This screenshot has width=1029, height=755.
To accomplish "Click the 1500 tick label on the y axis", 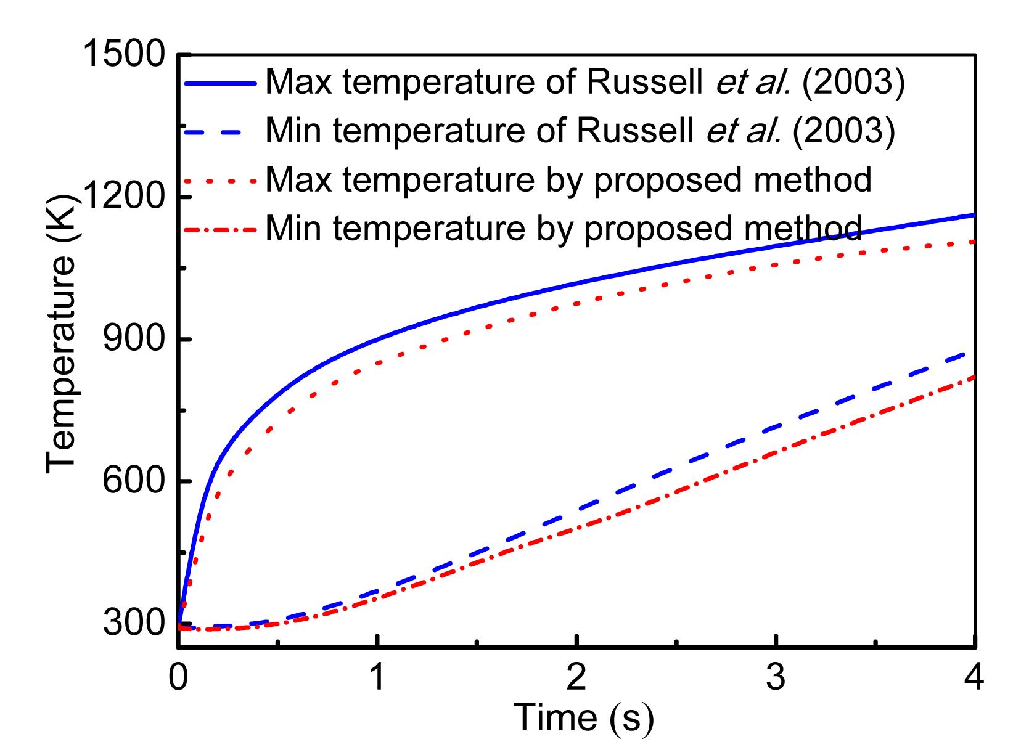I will [123, 55].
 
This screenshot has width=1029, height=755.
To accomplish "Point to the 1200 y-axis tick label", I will [123, 197].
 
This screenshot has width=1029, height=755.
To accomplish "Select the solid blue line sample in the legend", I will [220, 81].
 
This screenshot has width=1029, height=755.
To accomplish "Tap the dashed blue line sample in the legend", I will [220, 130].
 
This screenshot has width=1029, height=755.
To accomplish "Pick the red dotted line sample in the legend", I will [220, 181].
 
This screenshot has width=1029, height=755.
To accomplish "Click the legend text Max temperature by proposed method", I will [568, 180].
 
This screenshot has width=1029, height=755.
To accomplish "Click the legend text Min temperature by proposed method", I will [563, 229].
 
